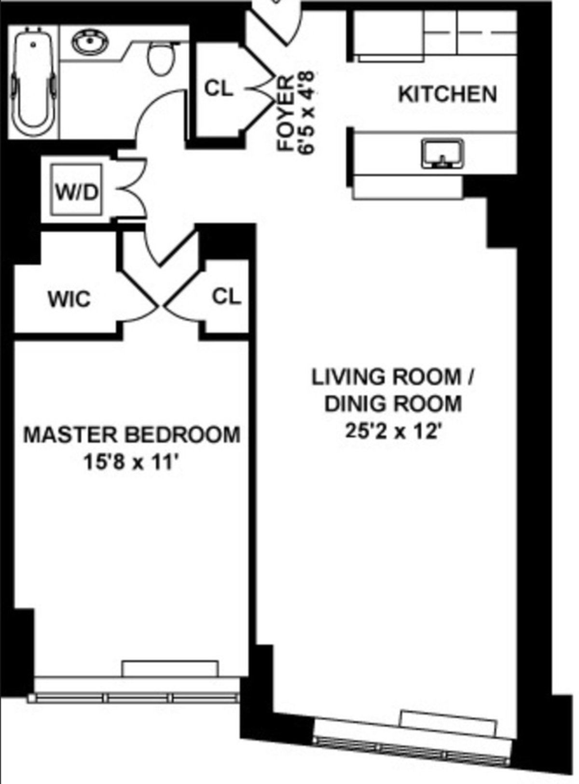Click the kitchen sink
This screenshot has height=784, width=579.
click(442, 154)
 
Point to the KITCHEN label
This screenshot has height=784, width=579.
click(447, 94)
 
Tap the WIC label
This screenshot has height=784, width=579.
click(69, 300)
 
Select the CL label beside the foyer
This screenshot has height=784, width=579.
click(219, 89)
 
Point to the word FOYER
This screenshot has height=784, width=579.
click(286, 114)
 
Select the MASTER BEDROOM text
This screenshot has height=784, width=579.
click(132, 435)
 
